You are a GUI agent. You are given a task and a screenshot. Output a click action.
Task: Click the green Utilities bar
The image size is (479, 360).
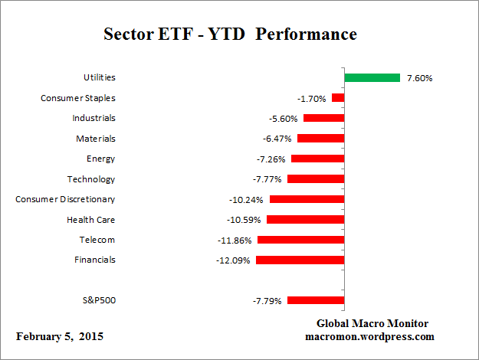(x=372, y=77)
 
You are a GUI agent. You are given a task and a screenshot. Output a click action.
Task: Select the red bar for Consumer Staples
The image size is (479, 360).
(x=338, y=98)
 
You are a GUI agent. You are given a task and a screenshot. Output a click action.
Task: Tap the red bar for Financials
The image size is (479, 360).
(x=300, y=260)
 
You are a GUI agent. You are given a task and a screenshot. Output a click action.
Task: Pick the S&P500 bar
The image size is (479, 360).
(x=316, y=300)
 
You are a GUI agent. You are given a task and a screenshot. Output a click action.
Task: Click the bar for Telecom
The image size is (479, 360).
(x=300, y=240)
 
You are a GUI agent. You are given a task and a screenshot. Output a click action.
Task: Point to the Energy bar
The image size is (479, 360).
(x=317, y=159)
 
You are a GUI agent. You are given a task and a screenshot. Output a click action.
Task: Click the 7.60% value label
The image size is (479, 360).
(x=418, y=78)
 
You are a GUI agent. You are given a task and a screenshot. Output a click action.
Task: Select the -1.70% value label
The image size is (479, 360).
(x=311, y=98)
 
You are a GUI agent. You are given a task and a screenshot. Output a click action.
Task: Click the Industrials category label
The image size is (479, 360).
(x=94, y=118)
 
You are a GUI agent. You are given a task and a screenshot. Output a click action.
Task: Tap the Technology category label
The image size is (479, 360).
(x=91, y=178)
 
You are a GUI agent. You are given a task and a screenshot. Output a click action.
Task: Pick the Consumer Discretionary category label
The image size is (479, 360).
(x=65, y=199)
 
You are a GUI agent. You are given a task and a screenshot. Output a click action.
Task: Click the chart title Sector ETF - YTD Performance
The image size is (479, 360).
(x=230, y=35)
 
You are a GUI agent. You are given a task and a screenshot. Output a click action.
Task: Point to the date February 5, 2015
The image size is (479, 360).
(x=59, y=337)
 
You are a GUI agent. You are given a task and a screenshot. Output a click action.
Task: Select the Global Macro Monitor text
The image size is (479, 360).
(x=372, y=323)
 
